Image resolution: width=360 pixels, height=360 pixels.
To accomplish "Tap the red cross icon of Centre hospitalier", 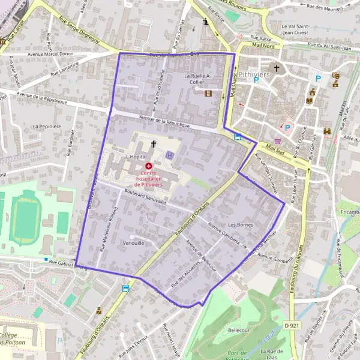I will [x=148, y=165].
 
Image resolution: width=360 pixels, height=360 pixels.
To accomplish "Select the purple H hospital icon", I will [x=170, y=155].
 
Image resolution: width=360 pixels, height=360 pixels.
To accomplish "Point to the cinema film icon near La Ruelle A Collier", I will [x=208, y=93].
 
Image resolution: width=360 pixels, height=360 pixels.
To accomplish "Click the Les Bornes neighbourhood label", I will [x=241, y=225].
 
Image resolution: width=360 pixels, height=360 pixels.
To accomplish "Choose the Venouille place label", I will [x=133, y=244].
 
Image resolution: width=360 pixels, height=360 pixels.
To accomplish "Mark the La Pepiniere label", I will [x=47, y=127].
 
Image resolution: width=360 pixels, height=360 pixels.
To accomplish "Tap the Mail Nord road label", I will [x=263, y=45].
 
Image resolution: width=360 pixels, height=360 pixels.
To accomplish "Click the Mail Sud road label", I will [x=275, y=147].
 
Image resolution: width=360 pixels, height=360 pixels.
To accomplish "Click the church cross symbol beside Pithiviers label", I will [x=277, y=68].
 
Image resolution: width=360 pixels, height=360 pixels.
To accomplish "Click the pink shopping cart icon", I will [x=277, y=141].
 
